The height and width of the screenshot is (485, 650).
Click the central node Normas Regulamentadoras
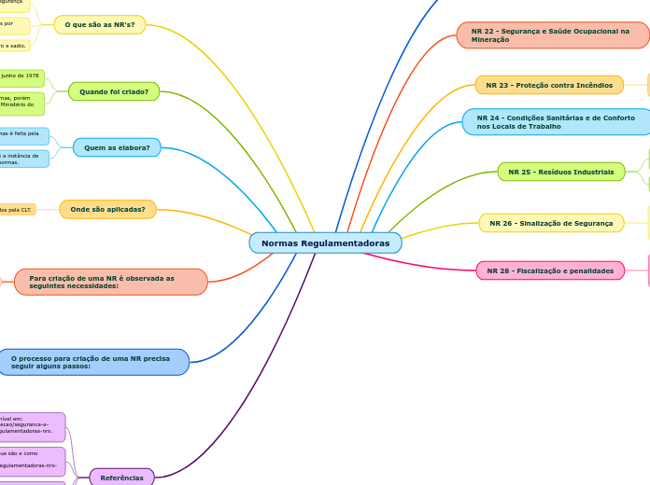click(325, 243)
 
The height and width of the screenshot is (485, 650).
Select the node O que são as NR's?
click(99, 24)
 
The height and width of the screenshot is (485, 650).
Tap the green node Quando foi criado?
click(114, 91)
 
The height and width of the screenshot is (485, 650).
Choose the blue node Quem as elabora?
click(117, 147)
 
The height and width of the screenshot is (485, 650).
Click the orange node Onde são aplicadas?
click(107, 209)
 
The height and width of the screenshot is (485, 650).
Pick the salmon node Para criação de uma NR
click(110, 282)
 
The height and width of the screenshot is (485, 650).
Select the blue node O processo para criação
click(93, 362)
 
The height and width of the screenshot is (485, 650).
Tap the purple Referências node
click(121, 478)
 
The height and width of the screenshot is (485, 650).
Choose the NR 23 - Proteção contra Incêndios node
click(549, 85)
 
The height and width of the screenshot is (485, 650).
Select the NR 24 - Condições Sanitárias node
click(556, 122)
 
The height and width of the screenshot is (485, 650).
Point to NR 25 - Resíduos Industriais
click(561, 172)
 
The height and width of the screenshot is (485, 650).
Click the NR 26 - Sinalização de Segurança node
click(551, 223)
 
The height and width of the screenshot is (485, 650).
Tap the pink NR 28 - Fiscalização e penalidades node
click(551, 270)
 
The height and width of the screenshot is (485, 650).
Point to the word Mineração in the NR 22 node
click(490, 40)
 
